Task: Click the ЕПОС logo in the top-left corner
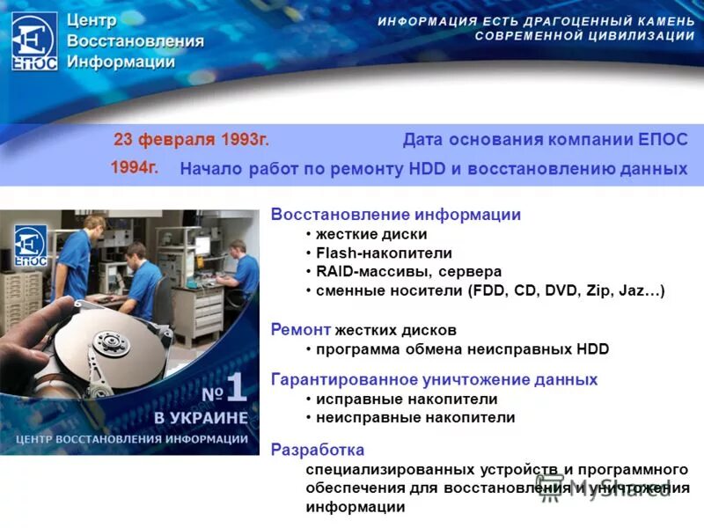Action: click(x=34, y=40)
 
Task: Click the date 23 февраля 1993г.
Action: click(x=191, y=140)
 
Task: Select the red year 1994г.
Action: click(x=135, y=167)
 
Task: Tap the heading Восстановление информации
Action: click(x=395, y=215)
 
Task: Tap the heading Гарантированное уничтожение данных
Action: click(x=434, y=379)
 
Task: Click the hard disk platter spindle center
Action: click(x=111, y=341)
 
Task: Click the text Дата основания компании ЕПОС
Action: click(x=545, y=140)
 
